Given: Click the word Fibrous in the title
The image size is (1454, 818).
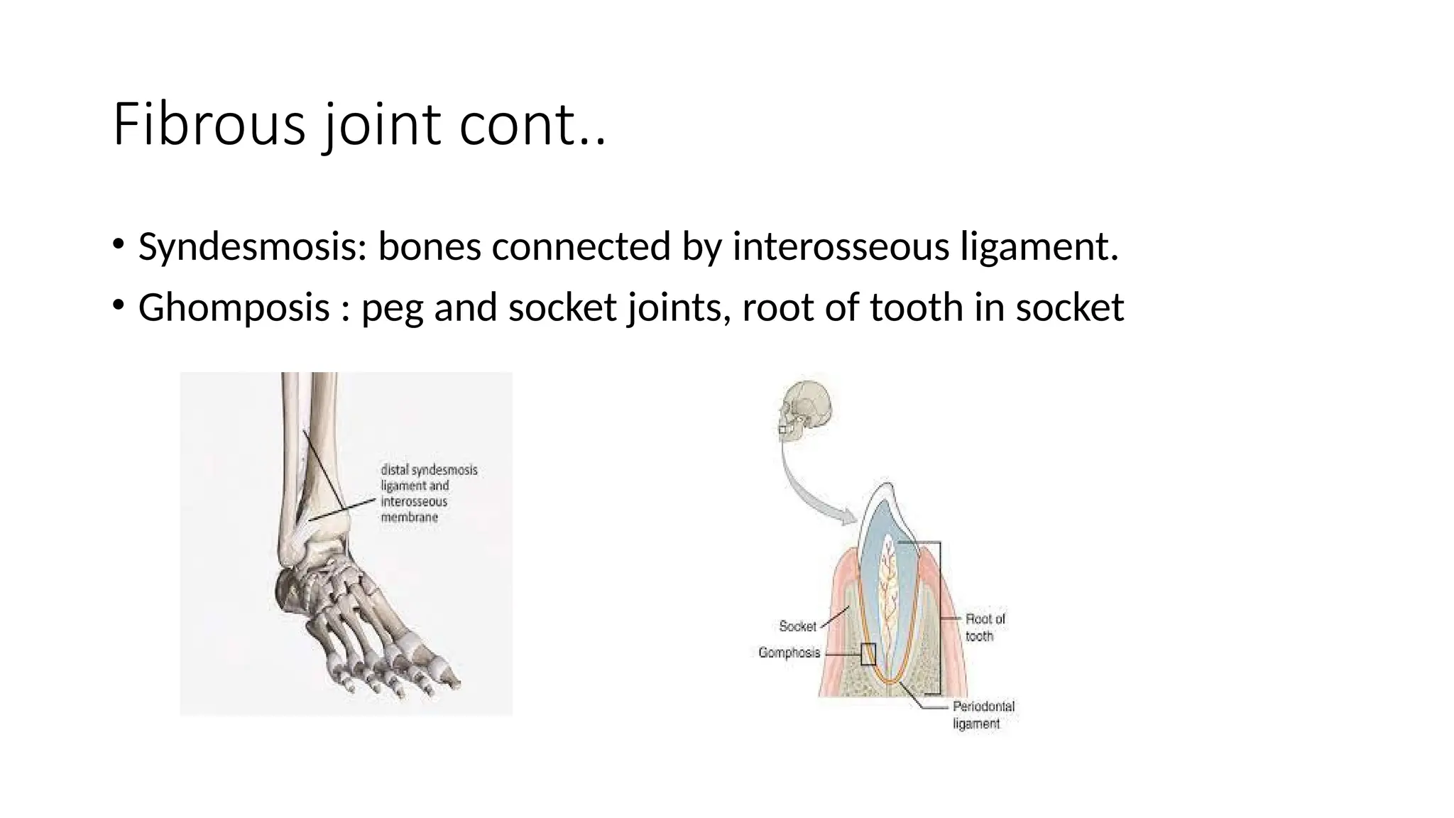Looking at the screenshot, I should (x=209, y=125).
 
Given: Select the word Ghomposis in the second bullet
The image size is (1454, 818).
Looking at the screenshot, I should (x=234, y=307).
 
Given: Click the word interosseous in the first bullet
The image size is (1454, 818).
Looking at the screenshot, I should (x=841, y=247).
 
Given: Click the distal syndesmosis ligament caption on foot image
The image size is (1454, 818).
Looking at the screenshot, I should (x=429, y=493).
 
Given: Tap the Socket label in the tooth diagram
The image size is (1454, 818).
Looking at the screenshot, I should (x=797, y=626).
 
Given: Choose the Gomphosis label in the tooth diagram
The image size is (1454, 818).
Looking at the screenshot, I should (x=789, y=653).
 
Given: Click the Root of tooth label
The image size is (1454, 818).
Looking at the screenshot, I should (x=985, y=628).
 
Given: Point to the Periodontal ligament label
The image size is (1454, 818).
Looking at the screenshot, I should (x=983, y=715).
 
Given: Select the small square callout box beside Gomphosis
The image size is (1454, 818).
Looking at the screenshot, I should (x=868, y=654).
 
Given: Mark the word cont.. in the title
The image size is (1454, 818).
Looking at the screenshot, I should (x=532, y=125).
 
